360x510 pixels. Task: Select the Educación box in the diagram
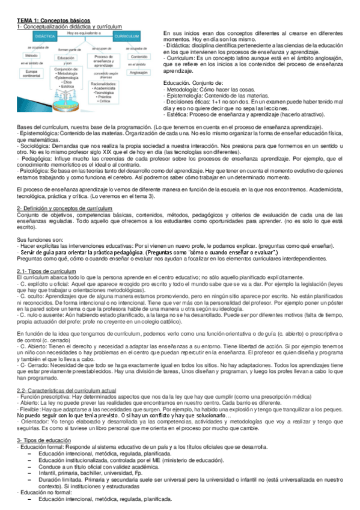[64, 58]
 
